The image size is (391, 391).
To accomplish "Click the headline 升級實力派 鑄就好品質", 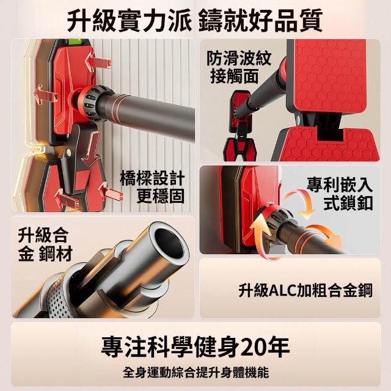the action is tap(195, 20).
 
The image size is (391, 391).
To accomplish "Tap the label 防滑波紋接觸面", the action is tap(239, 67).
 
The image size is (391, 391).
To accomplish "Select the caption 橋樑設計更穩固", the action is tap(152, 187).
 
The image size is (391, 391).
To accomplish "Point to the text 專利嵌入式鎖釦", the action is tap(340, 193).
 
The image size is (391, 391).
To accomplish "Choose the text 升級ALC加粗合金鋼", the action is tap(305, 290).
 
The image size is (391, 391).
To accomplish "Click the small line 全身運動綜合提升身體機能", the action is tap(195, 373).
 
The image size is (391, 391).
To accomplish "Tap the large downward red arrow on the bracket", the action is tap(91, 149).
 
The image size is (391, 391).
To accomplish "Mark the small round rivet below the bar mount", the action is tap(67, 152).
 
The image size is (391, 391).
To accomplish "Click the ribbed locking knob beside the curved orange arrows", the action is tap(279, 219).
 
